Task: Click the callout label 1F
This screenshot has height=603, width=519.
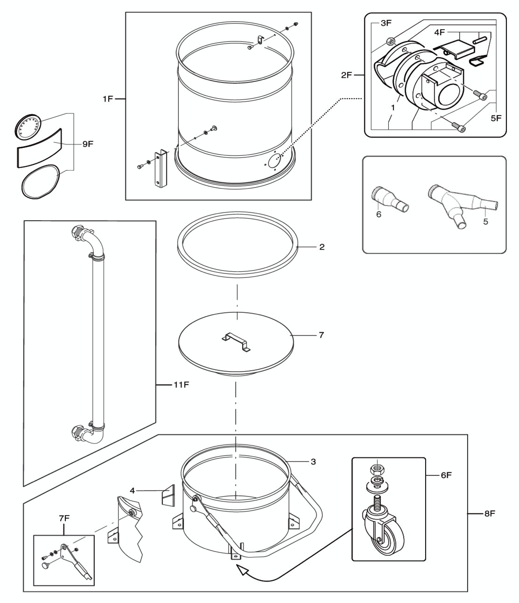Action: [x=107, y=99]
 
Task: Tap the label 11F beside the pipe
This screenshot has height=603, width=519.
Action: [x=181, y=385]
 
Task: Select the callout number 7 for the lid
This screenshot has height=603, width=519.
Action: [x=321, y=335]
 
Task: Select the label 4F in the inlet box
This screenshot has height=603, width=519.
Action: [x=439, y=32]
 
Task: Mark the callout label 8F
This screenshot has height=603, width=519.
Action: [x=490, y=513]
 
